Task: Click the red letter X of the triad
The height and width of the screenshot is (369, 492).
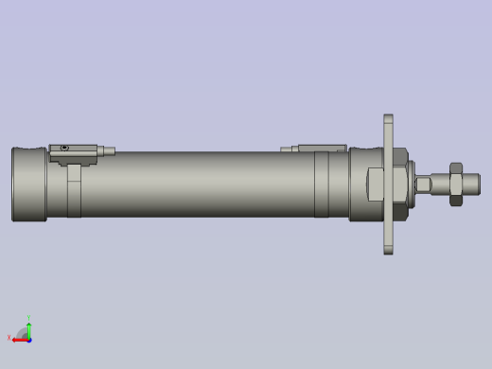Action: click(x=9, y=339)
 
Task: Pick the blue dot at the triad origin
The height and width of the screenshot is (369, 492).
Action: click(x=28, y=337)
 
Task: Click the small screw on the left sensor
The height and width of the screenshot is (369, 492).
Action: click(x=63, y=148)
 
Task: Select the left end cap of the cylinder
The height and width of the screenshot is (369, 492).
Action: click(x=28, y=184)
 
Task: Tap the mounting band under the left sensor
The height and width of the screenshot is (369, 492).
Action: click(x=75, y=189)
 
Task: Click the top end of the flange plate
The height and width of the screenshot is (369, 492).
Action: click(x=389, y=121)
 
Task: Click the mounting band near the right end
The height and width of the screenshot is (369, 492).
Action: click(x=322, y=184)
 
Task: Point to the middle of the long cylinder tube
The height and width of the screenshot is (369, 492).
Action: click(x=199, y=184)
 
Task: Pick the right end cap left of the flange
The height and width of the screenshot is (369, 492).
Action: click(x=363, y=184)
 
